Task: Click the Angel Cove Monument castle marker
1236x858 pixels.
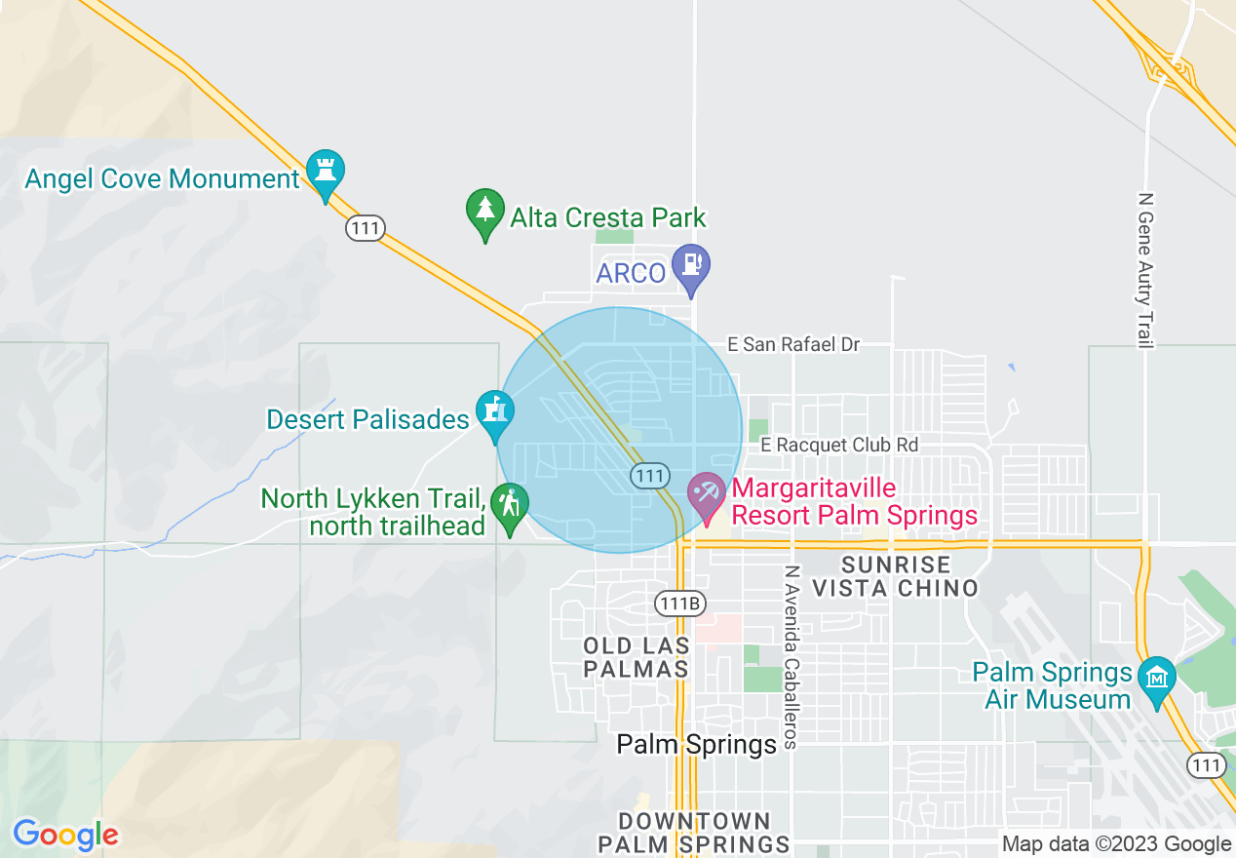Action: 326,171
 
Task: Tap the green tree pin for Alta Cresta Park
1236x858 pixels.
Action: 484,211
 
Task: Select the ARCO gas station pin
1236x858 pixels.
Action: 691,266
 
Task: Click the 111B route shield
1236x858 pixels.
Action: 679,603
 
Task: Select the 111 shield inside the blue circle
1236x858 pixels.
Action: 649,476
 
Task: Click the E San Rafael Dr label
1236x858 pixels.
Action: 794,344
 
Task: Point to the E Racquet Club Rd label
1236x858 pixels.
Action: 838,445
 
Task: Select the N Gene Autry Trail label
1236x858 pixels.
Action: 1146,269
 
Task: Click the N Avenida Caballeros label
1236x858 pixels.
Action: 792,657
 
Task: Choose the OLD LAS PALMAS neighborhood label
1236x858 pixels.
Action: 637,657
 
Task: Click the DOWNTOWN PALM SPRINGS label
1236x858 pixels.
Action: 694,833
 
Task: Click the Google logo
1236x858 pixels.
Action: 65,835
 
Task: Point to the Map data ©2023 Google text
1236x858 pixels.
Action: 1117,844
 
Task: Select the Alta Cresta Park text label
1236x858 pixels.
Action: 608,216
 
